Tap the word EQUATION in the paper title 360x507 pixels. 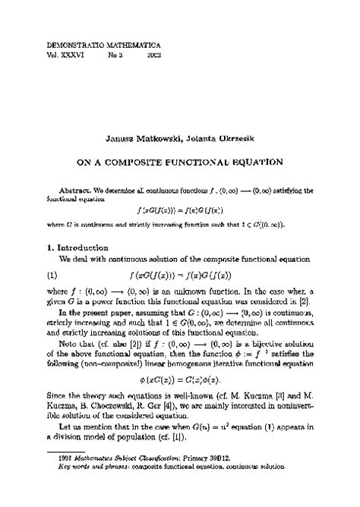click(x=257, y=162)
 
